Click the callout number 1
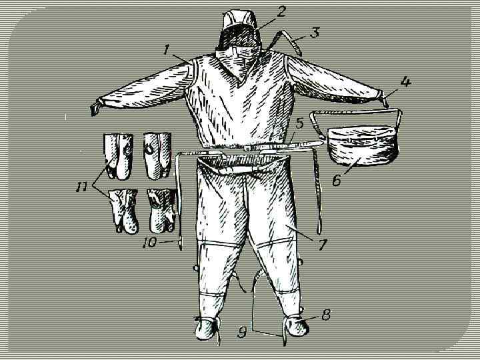(167, 49)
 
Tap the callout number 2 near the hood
(281, 11)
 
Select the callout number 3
(315, 33)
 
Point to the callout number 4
(405, 82)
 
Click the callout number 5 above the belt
(299, 124)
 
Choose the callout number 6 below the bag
(337, 180)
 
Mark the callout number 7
(323, 244)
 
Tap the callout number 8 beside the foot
(326, 315)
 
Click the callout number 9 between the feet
(243, 333)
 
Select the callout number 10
(149, 243)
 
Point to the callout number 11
(81, 186)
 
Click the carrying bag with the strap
(363, 146)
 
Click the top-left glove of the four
(119, 156)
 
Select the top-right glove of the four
(157, 155)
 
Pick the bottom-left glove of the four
(124, 211)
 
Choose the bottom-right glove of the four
(162, 211)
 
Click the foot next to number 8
(296, 327)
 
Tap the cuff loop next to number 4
(384, 99)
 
